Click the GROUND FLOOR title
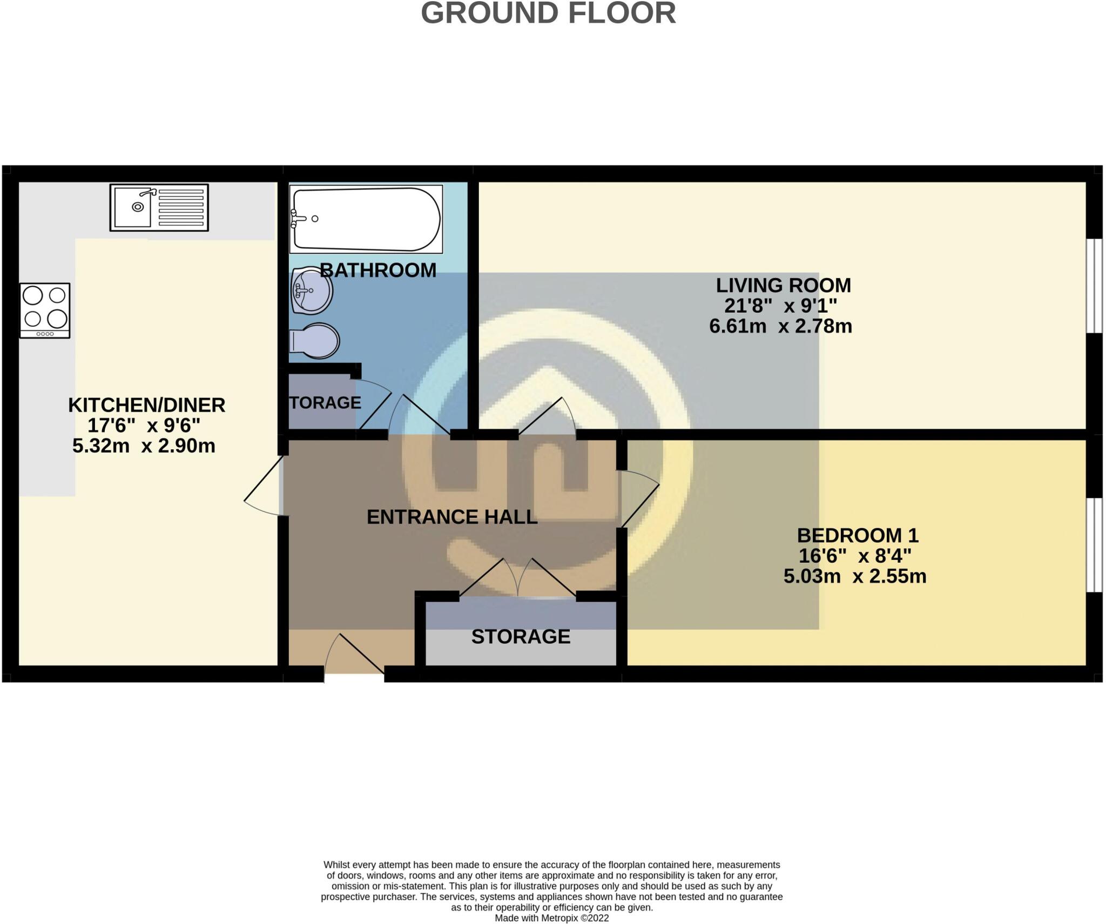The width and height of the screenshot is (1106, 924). (548, 13)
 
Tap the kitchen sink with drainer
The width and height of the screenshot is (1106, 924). (159, 207)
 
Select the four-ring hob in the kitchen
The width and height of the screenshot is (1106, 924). (45, 311)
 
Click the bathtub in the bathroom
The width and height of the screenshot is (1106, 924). (366, 219)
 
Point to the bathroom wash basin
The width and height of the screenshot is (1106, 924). (311, 291)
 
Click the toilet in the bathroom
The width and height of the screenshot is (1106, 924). (315, 341)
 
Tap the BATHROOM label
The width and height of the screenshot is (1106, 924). (378, 270)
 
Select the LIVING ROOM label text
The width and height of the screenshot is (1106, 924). (783, 285)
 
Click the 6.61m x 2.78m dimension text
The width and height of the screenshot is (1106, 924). (780, 326)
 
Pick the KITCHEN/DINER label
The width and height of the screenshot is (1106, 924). (146, 405)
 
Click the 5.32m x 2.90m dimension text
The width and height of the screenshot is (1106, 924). (144, 446)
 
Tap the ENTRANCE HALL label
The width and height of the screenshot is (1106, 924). (452, 517)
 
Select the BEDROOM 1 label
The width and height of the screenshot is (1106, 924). (858, 535)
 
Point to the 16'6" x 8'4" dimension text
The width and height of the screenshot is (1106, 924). (855, 556)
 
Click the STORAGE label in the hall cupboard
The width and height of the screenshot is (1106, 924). (521, 637)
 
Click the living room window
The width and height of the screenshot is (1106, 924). (1094, 286)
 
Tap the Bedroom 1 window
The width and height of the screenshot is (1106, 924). (1094, 545)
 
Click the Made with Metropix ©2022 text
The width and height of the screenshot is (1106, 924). (551, 918)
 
